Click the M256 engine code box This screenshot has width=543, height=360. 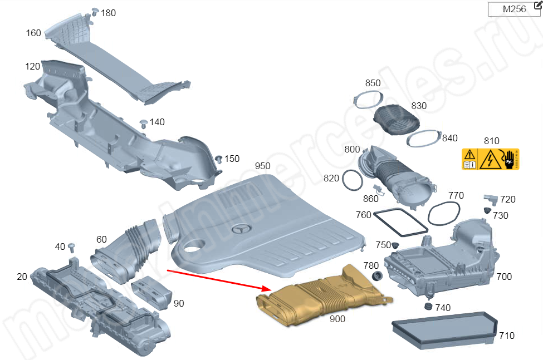(513, 9)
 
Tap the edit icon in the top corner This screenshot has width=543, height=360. (537, 5)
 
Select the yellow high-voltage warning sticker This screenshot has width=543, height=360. (490, 159)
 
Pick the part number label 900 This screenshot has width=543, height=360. (337, 319)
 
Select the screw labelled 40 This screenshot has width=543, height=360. (72, 246)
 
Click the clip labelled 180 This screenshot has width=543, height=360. (94, 12)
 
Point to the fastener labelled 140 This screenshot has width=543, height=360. (143, 122)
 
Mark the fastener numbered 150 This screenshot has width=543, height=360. (219, 159)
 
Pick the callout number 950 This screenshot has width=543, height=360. (262, 166)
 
